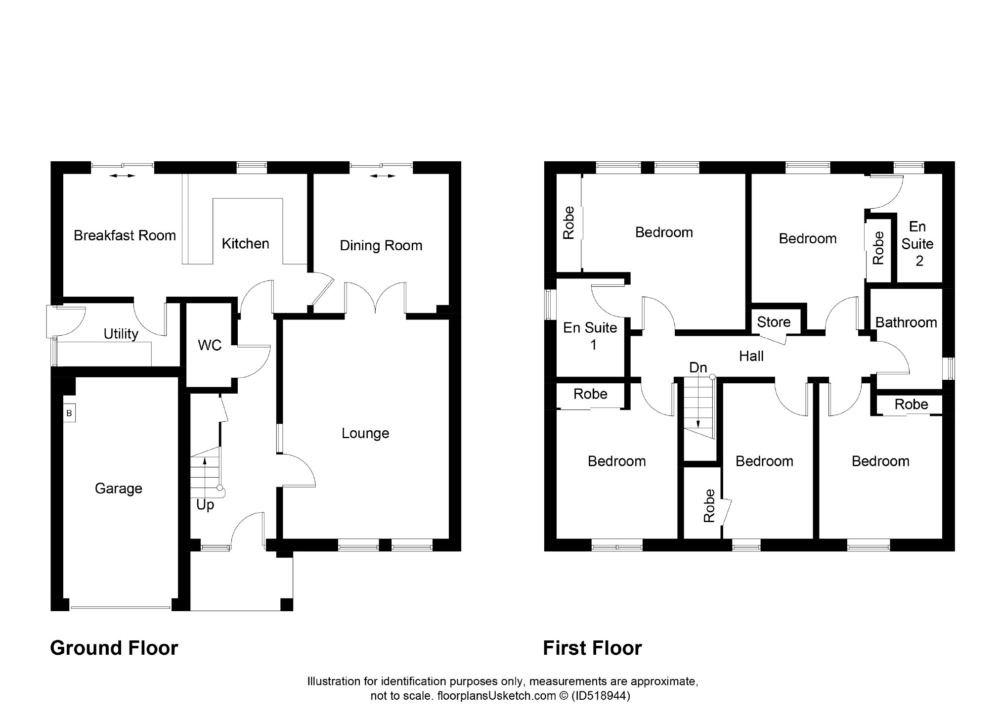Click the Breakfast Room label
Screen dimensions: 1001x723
point(125,235)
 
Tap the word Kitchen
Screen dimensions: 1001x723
point(245,243)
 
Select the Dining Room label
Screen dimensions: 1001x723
point(381,245)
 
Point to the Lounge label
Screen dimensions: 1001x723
point(365,433)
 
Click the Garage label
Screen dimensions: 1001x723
point(118,489)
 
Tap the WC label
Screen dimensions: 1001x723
point(210,345)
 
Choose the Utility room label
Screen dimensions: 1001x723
point(121,334)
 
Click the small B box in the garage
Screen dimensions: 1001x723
point(69,413)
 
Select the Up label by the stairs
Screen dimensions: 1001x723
point(205,505)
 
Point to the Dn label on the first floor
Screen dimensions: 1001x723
point(698,367)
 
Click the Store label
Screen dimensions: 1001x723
point(774,322)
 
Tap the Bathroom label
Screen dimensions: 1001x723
point(906,322)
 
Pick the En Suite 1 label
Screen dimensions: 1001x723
point(590,336)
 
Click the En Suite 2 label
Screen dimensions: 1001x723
point(917,243)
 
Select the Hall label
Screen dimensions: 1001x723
point(751,356)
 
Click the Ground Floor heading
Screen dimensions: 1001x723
point(114,648)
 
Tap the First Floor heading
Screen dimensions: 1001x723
point(592,648)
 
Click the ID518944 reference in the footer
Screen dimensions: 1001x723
point(601,696)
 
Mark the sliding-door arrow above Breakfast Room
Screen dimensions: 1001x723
point(122,176)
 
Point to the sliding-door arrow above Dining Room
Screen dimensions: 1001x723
point(383,176)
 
